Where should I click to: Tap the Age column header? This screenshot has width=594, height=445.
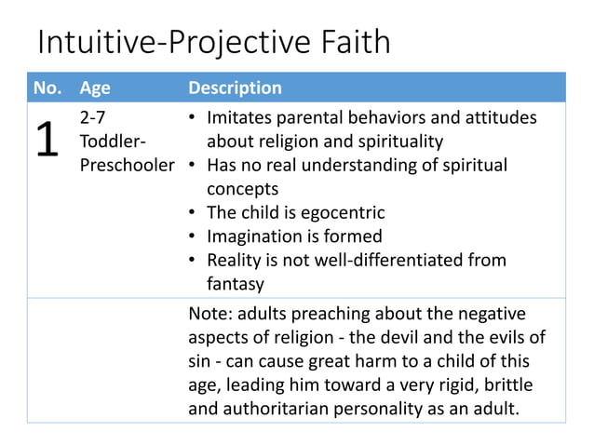click(x=95, y=88)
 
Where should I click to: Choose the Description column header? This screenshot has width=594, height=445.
click(x=235, y=88)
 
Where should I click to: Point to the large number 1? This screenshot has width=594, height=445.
click(x=47, y=141)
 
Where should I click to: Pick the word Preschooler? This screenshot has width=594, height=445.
click(x=128, y=165)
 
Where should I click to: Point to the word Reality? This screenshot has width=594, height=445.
click(x=236, y=260)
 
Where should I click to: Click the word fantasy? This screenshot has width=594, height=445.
click(x=236, y=283)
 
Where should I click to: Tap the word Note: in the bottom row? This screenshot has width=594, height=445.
click(x=210, y=314)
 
